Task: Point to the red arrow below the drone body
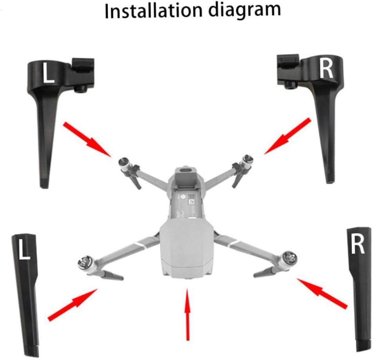pyautogui.click(x=188, y=314)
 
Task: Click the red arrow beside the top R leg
pyautogui.click(x=288, y=136)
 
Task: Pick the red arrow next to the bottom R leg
pyautogui.click(x=322, y=294)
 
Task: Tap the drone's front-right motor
pyautogui.click(x=247, y=161)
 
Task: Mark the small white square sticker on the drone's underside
pyautogui.click(x=192, y=202)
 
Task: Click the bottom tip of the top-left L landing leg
pyautogui.click(x=44, y=187)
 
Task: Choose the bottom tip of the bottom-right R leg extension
pyautogui.click(x=362, y=350)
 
